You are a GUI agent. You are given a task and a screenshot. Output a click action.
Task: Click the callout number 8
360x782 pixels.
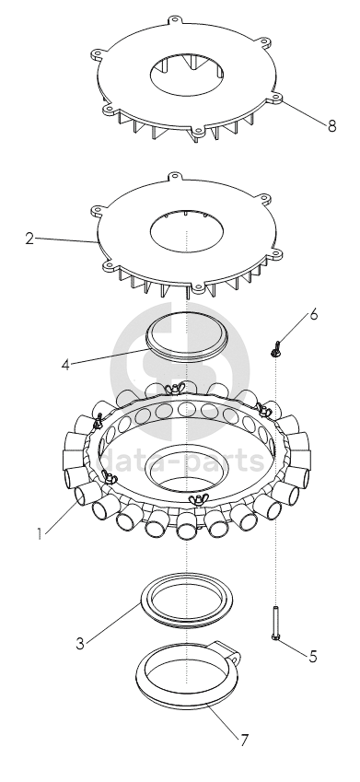click(x=331, y=125)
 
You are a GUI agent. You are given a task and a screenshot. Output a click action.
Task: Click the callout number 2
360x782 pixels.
click(x=29, y=239)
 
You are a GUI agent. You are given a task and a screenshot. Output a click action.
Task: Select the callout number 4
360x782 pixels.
click(x=65, y=365)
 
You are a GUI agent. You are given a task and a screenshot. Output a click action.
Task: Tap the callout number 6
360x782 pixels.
click(x=313, y=315)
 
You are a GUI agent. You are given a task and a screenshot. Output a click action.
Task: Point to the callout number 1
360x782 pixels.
click(x=39, y=534)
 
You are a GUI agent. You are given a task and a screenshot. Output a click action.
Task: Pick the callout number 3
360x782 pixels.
click(x=80, y=643)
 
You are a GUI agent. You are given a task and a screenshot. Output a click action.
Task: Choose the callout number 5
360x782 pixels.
click(x=313, y=657)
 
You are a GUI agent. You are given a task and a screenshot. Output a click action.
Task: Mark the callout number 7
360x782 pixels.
click(x=244, y=741)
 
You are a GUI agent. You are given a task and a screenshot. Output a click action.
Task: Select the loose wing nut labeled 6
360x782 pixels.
click(x=274, y=348)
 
